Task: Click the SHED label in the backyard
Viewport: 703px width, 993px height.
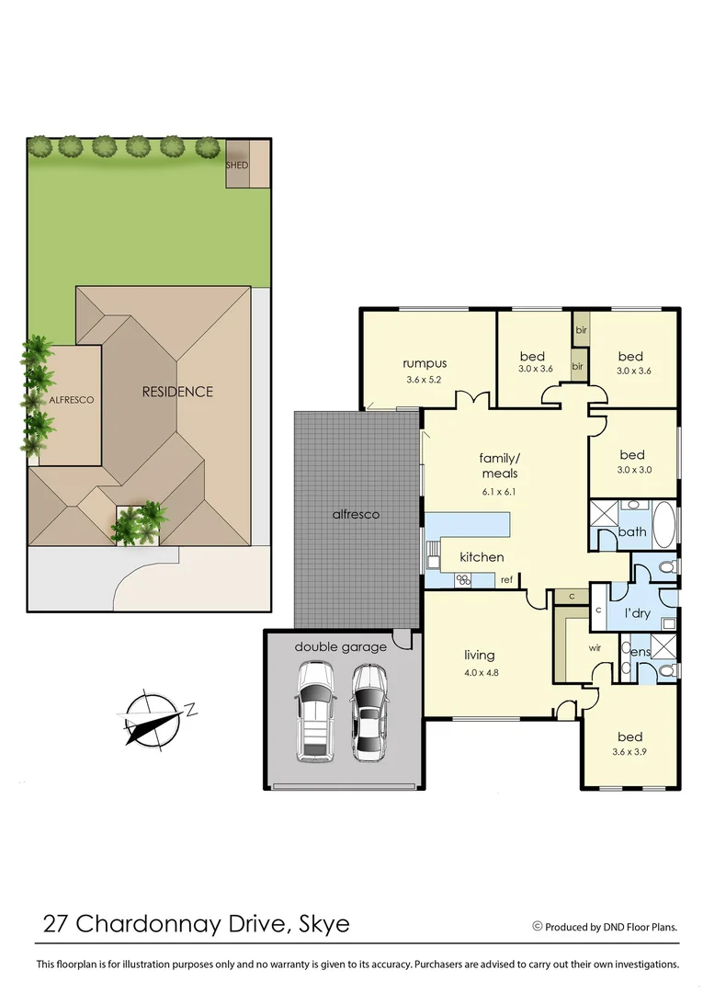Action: [x=237, y=165]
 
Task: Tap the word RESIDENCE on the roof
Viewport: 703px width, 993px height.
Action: [x=177, y=392]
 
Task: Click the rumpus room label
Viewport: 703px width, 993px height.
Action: [x=425, y=363]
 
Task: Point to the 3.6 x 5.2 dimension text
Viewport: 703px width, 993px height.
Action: [x=425, y=379]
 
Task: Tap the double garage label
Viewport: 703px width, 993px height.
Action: [x=340, y=647]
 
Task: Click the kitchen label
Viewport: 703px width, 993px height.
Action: [x=482, y=557]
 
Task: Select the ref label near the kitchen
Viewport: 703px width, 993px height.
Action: [x=505, y=580]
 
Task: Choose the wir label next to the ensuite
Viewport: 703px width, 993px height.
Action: [x=595, y=647]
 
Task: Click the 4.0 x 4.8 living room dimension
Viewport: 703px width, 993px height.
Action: [x=479, y=672]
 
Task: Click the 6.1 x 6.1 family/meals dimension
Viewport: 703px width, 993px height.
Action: [x=499, y=491]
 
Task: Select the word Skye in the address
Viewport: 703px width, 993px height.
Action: [x=324, y=924]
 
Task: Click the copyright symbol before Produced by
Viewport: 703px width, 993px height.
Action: [x=538, y=927]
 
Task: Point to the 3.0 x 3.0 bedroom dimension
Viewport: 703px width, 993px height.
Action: [x=631, y=471]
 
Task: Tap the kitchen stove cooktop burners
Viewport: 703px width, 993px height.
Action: [x=464, y=579]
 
